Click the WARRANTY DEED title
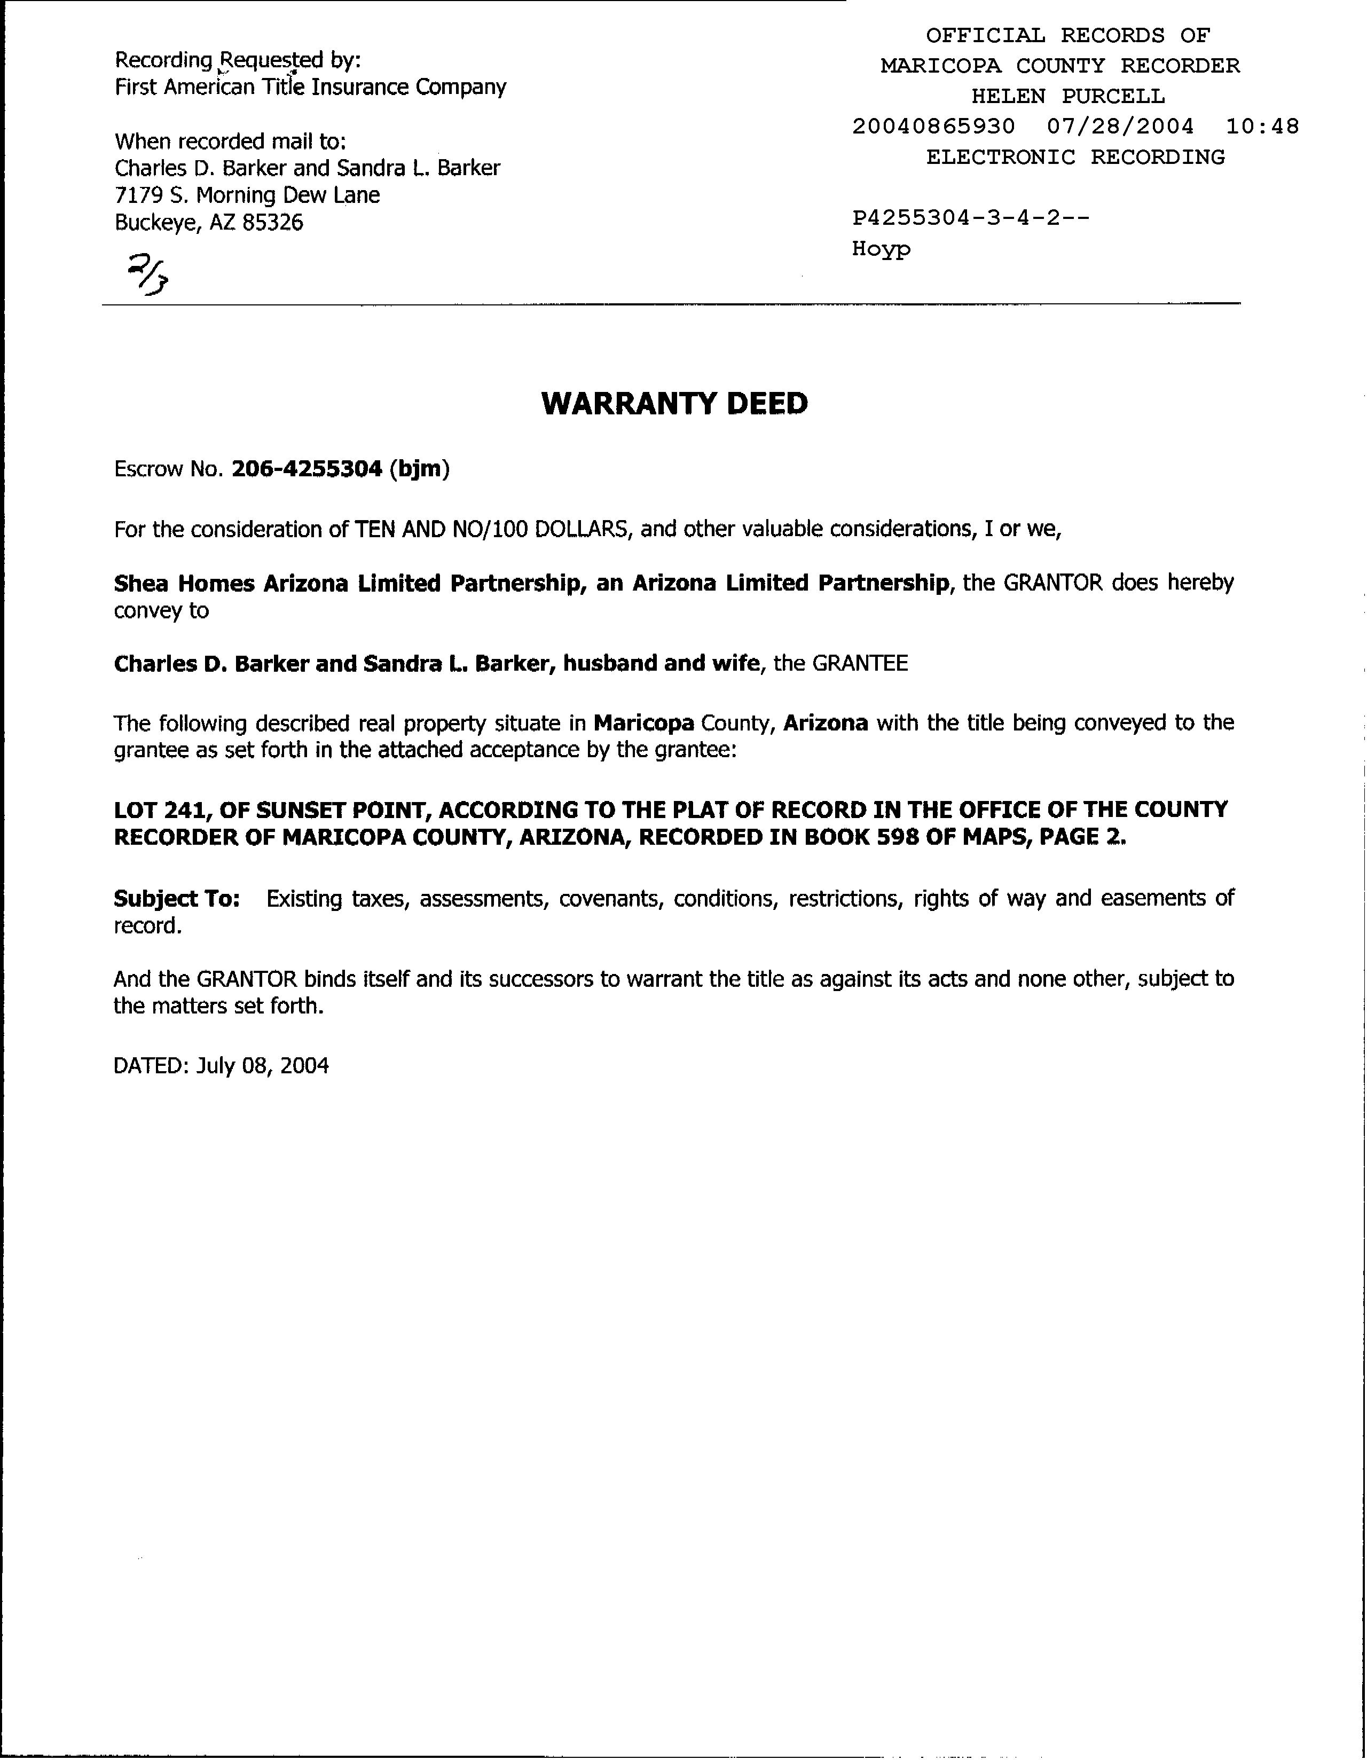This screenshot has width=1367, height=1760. [674, 404]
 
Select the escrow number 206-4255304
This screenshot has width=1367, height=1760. [307, 469]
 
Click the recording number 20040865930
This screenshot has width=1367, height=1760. [933, 127]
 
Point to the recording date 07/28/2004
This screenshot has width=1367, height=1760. [1120, 127]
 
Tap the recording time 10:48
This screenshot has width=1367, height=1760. [1262, 127]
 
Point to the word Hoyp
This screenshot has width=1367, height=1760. [881, 249]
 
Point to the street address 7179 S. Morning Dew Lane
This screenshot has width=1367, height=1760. [247, 195]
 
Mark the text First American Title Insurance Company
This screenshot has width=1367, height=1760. [310, 87]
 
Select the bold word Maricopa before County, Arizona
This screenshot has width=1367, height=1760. [643, 723]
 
